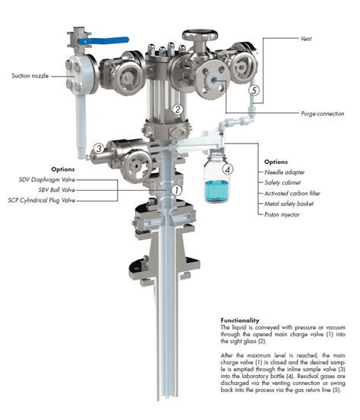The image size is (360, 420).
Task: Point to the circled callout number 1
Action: point(176,190)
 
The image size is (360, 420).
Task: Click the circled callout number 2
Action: point(177,109)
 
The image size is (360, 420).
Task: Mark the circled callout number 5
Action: point(254,90)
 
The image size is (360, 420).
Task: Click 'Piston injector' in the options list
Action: point(283,215)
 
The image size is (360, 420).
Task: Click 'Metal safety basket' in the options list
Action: point(289,204)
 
